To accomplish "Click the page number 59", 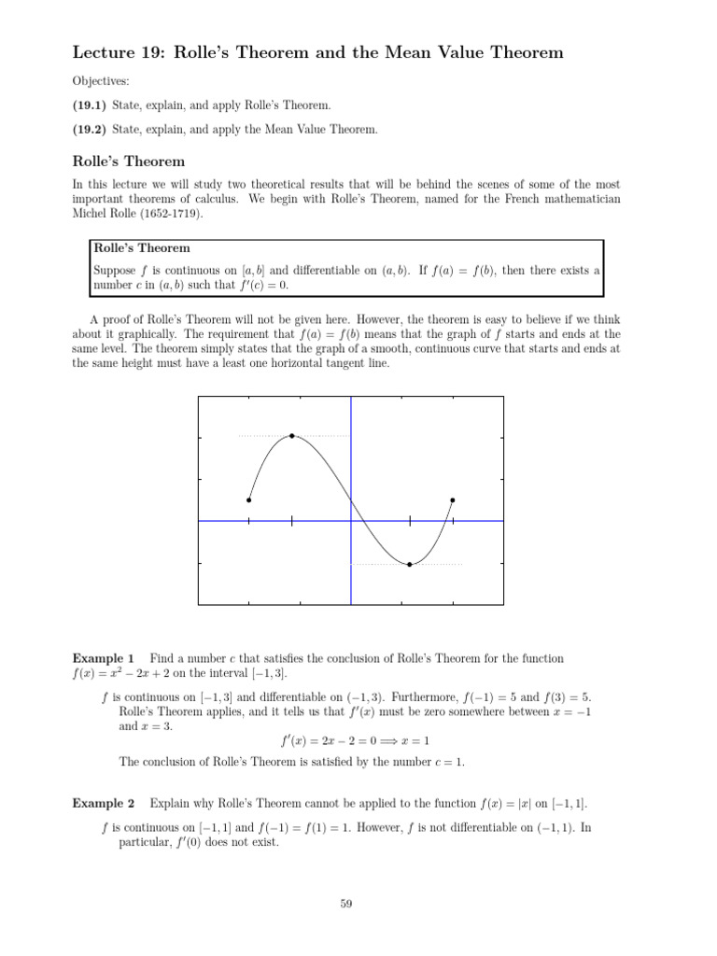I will pyautogui.click(x=346, y=903).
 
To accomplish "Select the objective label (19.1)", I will pyautogui.click(x=91, y=106).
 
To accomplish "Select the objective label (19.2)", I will pyautogui.click(x=91, y=130).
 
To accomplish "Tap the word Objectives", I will pyautogui.click(x=102, y=82).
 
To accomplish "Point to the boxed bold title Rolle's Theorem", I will pyautogui.click(x=141, y=248).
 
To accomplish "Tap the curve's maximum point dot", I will pyautogui.click(x=292, y=436).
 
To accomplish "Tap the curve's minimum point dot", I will pyautogui.click(x=410, y=565).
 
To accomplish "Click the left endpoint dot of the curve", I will pyautogui.click(x=248, y=500).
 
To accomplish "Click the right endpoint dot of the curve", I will pyautogui.click(x=453, y=500).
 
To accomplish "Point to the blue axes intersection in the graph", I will pyautogui.click(x=351, y=521).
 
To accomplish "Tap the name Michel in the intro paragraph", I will pyautogui.click(x=90, y=214).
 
